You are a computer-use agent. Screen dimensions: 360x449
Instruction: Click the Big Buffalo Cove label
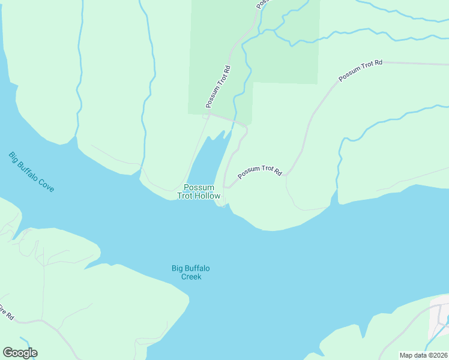(x=31, y=172)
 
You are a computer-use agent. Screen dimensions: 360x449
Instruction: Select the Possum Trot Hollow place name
(x=199, y=191)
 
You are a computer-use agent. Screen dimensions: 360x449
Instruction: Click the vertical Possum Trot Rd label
(x=218, y=86)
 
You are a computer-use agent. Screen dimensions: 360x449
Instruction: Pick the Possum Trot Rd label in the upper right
(x=360, y=70)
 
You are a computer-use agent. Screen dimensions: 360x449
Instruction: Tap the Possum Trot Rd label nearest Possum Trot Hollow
(x=259, y=172)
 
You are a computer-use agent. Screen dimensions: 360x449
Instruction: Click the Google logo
(x=20, y=353)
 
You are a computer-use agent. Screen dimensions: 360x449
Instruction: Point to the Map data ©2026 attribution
(x=423, y=355)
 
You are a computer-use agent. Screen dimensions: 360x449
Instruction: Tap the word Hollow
(x=208, y=196)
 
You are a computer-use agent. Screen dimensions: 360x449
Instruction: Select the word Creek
(x=191, y=277)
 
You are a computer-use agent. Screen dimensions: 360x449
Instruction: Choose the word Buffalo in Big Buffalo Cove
(x=30, y=172)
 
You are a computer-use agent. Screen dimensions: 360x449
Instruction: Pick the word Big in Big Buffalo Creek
(x=178, y=268)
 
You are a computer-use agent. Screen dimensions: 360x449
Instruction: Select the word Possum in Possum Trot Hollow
(x=198, y=187)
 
